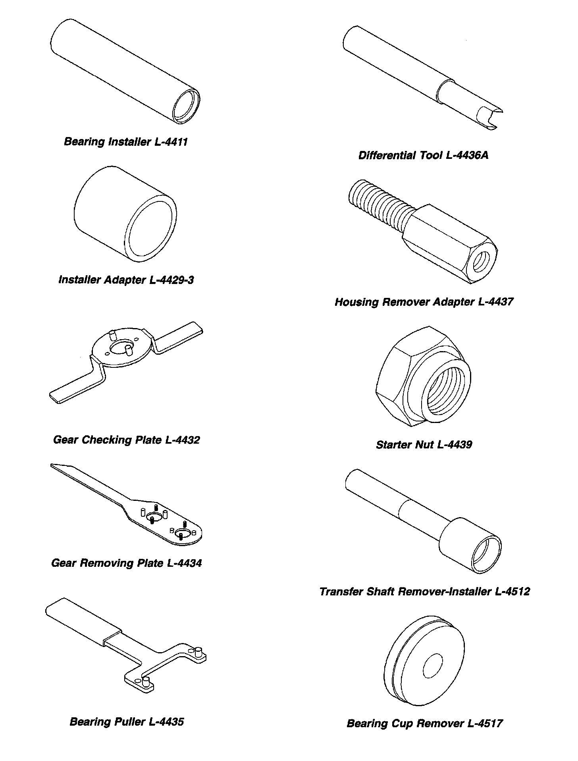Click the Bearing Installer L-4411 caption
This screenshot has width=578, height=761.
(x=125, y=142)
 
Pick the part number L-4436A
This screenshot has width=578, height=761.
(x=467, y=155)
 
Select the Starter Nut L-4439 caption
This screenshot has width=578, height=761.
(x=424, y=444)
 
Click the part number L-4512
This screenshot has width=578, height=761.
(x=512, y=591)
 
